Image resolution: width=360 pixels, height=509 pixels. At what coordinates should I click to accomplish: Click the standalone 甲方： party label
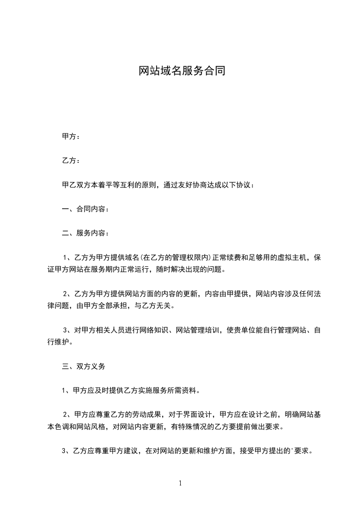coord(71,137)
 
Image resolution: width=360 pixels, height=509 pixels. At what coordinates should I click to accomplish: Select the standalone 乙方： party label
coord(71,161)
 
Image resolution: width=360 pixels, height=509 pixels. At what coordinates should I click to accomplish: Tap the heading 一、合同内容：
coord(85,209)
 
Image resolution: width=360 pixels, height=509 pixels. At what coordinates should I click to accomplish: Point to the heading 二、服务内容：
coord(85,233)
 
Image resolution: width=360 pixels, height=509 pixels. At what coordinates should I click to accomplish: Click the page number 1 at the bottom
coord(180,483)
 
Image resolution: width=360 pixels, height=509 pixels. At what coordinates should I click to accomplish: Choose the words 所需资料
coord(182,390)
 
